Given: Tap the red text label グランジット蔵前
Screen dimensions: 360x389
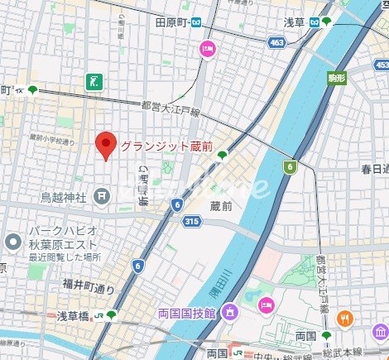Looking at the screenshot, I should (166, 146).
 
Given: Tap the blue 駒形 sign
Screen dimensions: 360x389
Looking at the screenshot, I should (336, 77).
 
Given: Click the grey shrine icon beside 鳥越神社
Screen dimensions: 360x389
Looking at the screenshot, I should (100, 197).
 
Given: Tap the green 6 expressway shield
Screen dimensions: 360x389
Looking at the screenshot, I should (289, 167).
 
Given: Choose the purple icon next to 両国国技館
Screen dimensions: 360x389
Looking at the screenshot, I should (230, 312).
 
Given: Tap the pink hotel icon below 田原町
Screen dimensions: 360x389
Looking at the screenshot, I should (207, 50).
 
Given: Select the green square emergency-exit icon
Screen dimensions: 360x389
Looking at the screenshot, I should (95, 80).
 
